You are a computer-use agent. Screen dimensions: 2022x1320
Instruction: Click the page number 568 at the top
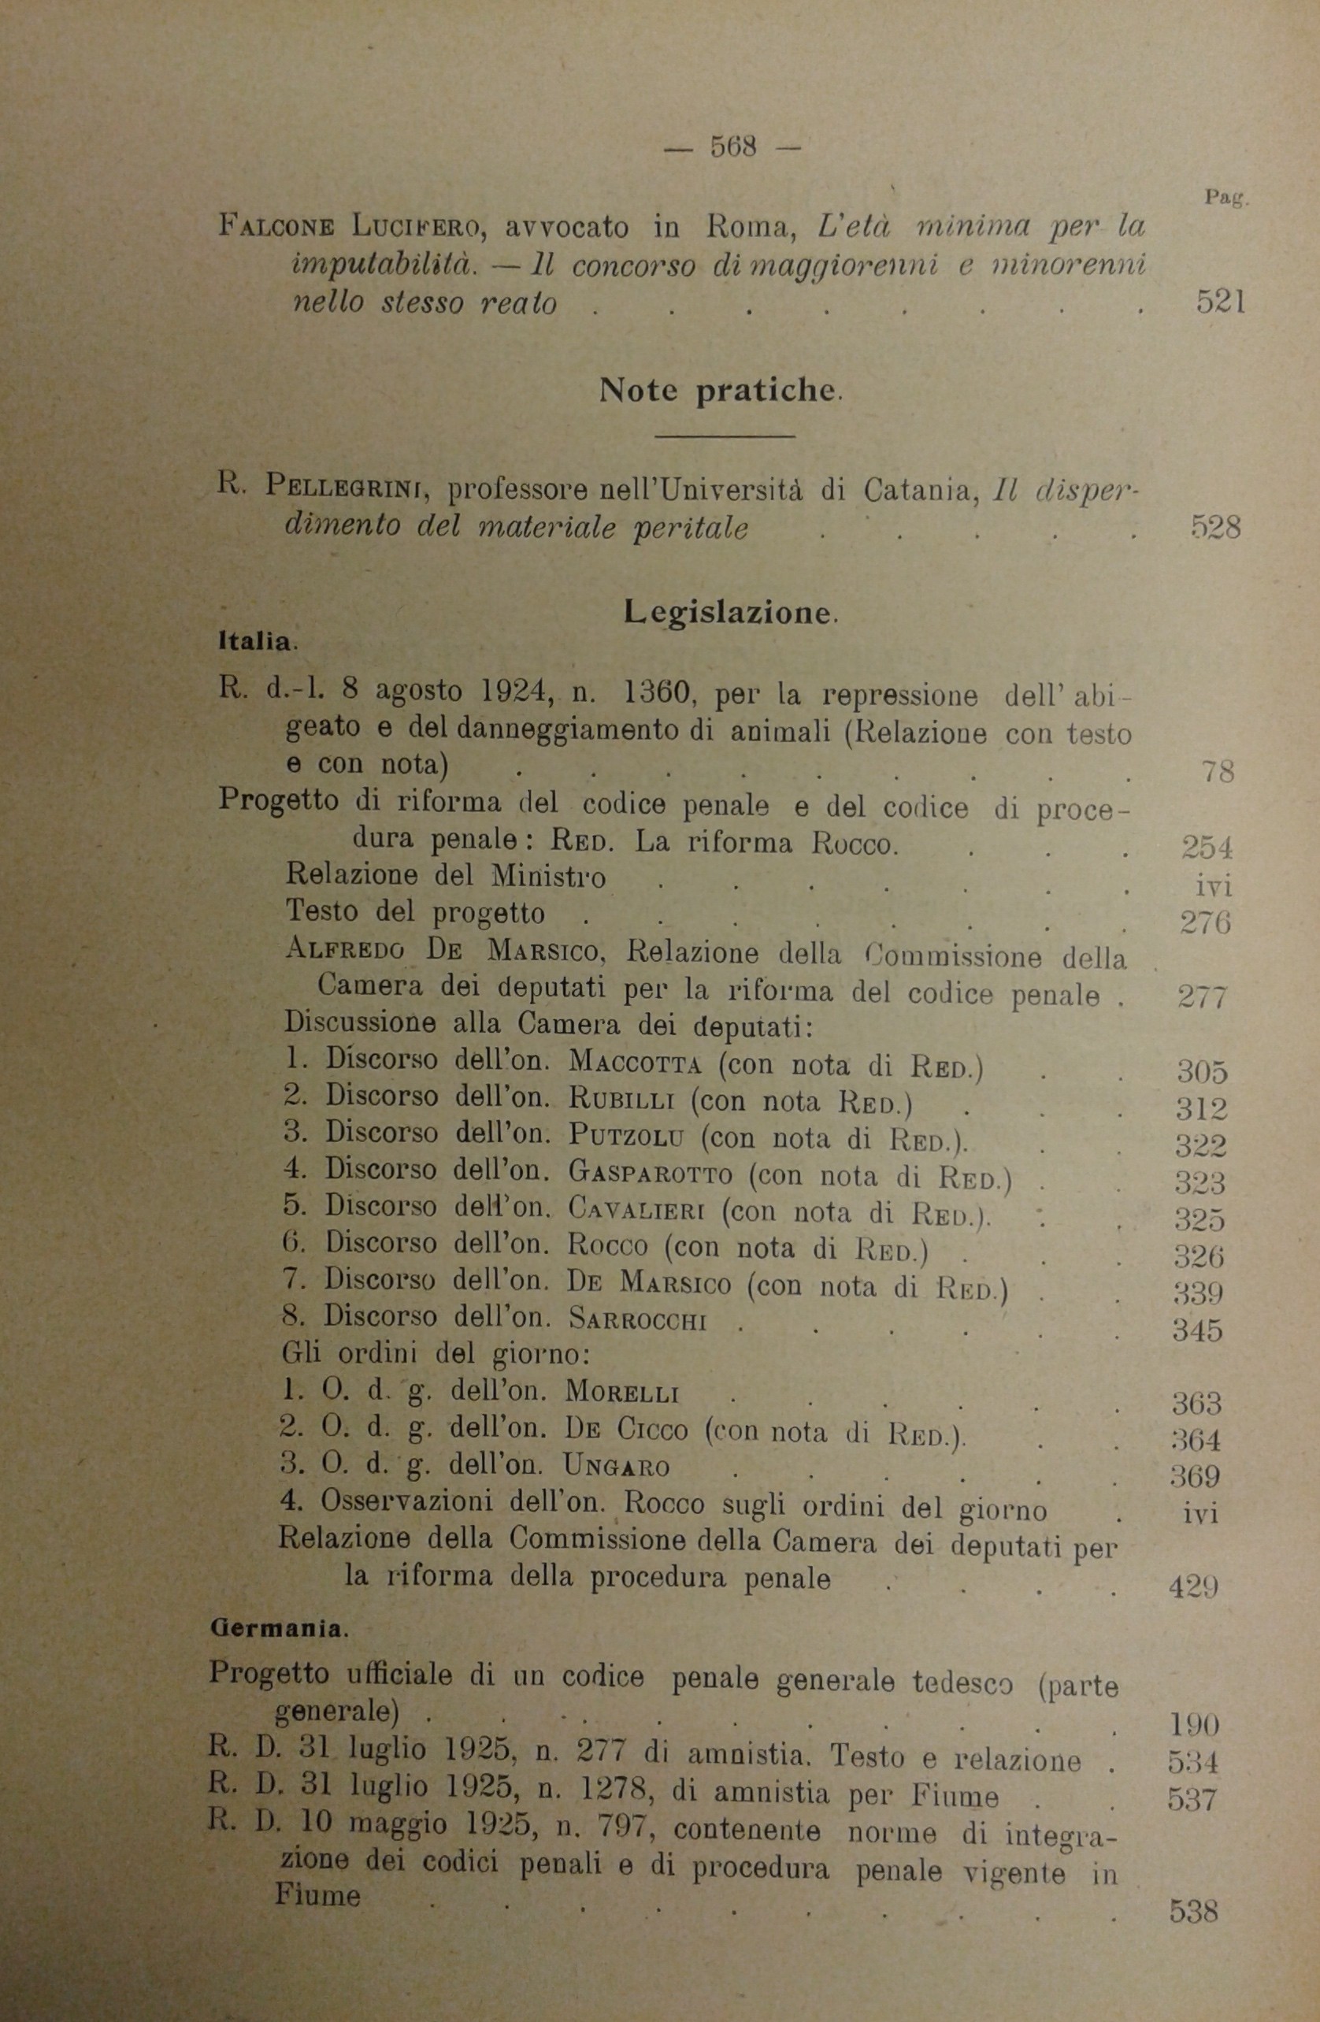(733, 147)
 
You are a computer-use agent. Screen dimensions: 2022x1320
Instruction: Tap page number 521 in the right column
(1221, 302)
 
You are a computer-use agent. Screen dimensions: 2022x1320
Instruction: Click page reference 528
(1216, 528)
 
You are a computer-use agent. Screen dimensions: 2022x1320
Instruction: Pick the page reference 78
(1219, 771)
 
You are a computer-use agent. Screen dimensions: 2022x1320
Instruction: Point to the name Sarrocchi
(638, 1321)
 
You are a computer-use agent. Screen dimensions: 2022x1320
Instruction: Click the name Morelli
(624, 1393)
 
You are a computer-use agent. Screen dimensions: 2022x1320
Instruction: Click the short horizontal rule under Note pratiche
(726, 436)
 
